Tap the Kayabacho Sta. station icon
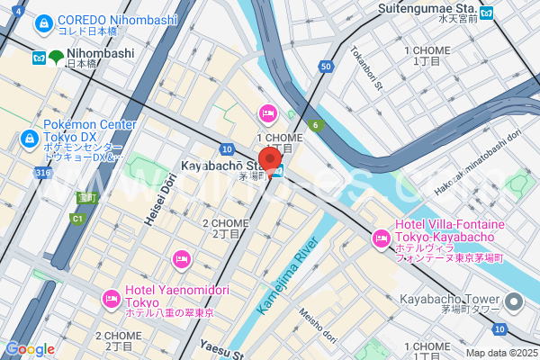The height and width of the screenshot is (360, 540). click(x=279, y=171)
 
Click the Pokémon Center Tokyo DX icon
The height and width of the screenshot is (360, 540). click(x=29, y=138)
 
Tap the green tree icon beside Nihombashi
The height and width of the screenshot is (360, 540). click(x=57, y=57)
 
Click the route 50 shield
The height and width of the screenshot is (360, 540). click(x=326, y=67)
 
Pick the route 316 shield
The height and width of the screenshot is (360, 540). click(x=42, y=172)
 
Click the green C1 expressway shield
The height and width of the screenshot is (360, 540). click(x=78, y=219)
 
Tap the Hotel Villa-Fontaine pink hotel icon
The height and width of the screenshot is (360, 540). click(x=380, y=239)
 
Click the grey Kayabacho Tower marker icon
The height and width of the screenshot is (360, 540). click(x=513, y=301)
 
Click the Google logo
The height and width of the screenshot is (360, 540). click(x=30, y=348)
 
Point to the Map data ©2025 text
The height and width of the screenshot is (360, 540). click(x=499, y=353)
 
